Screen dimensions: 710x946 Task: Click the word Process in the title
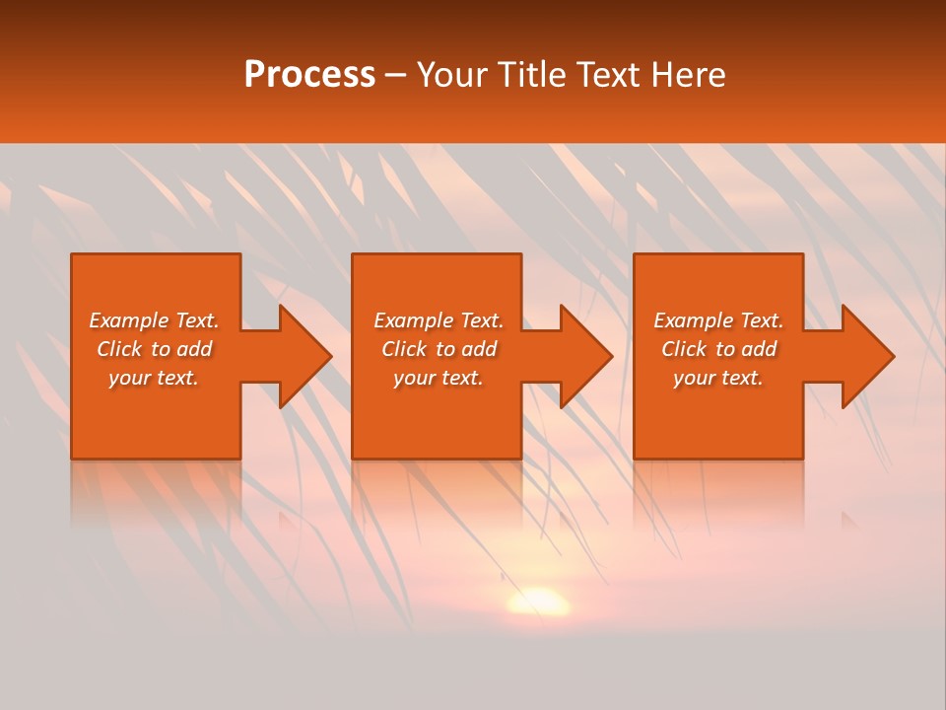[309, 75]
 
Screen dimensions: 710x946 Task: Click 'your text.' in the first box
[154, 379]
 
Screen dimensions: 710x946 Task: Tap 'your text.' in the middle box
[439, 379]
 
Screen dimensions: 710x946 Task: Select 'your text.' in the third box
[718, 379]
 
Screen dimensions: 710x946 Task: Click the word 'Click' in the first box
[119, 349]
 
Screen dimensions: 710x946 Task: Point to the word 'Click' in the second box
[404, 349]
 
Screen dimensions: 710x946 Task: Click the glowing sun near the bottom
[538, 601]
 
